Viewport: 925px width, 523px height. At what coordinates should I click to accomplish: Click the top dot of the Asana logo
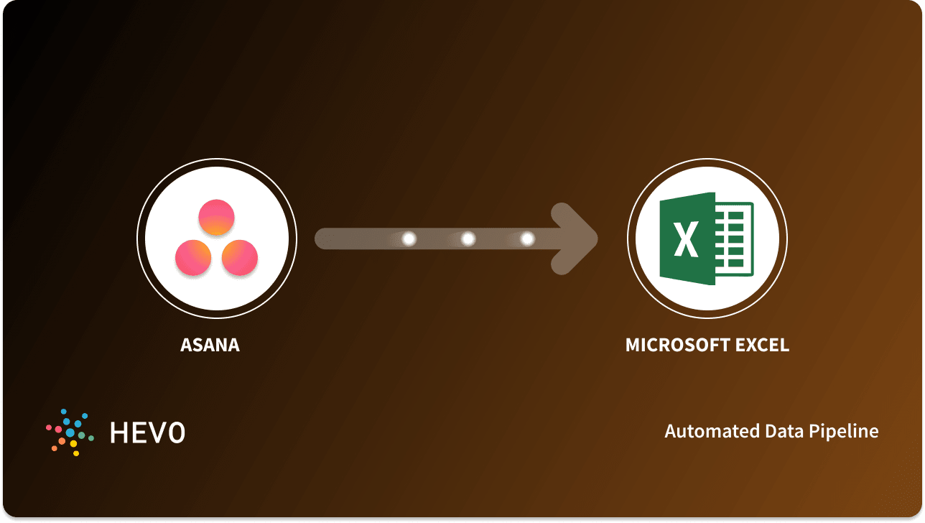coord(216,217)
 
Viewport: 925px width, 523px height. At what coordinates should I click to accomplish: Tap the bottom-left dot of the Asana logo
coord(193,256)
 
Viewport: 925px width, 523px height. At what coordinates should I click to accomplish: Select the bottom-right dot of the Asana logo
coord(239,256)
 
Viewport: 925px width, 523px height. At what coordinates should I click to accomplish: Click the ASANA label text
coord(210,345)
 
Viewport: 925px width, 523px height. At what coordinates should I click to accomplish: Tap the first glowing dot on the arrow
coord(409,239)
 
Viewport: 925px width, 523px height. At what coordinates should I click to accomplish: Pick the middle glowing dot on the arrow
coord(468,239)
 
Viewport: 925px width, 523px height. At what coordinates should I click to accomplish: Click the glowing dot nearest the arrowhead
coord(527,239)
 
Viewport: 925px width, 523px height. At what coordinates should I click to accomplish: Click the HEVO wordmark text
coord(147,432)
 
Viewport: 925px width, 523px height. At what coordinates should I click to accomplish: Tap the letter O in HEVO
coord(176,432)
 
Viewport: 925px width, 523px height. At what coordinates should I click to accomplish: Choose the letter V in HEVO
coord(157,432)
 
